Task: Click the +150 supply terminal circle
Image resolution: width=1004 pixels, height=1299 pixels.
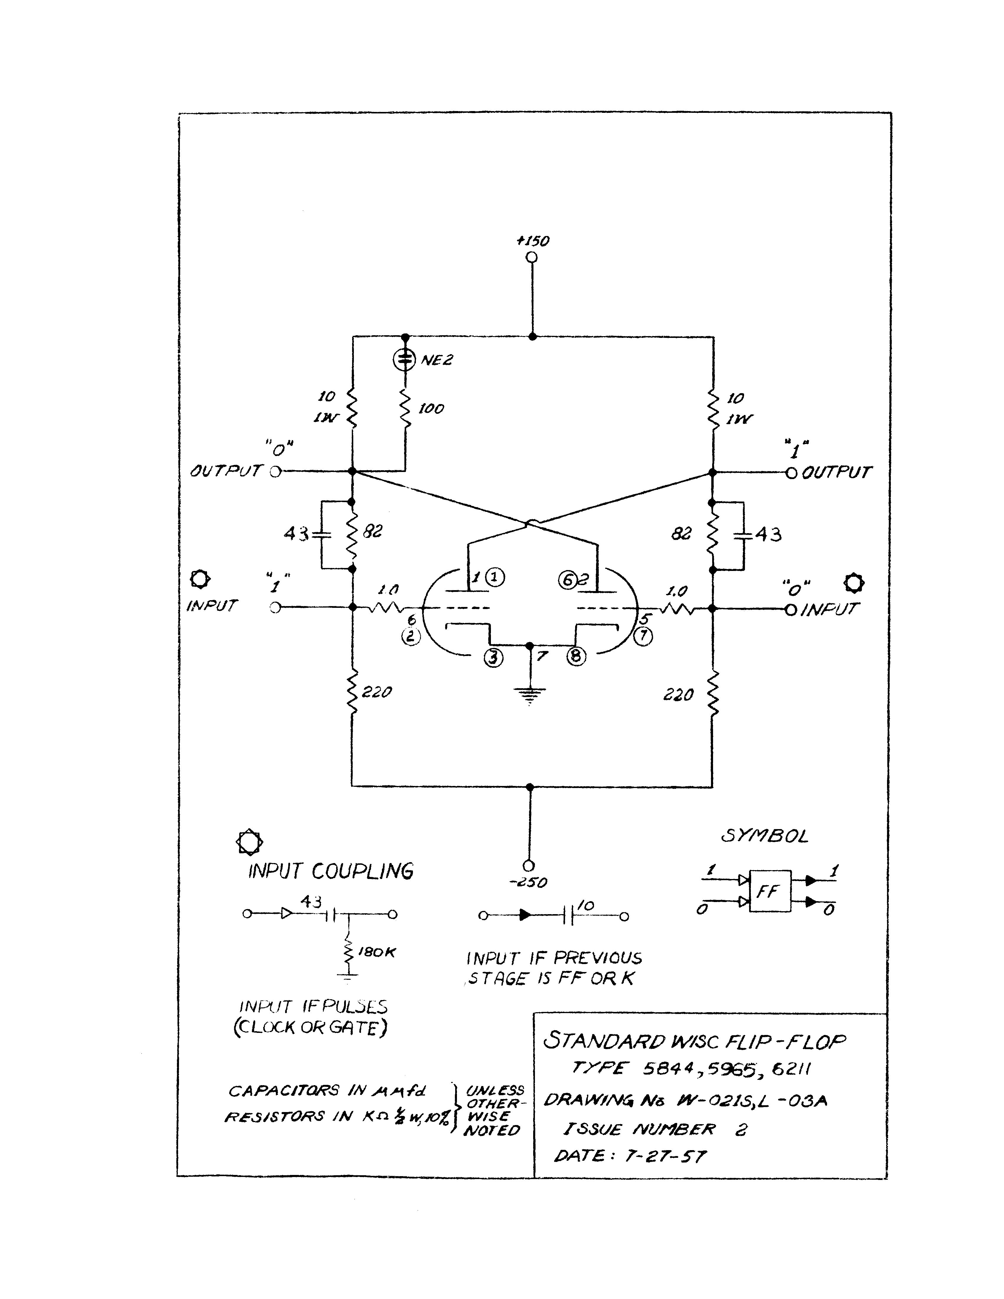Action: (532, 257)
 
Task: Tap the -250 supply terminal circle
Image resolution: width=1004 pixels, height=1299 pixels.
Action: (528, 865)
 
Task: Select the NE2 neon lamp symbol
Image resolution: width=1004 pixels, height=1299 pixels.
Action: (405, 359)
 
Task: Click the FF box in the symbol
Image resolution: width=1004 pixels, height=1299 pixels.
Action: (770, 891)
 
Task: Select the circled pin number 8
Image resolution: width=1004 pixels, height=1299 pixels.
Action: (576, 656)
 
